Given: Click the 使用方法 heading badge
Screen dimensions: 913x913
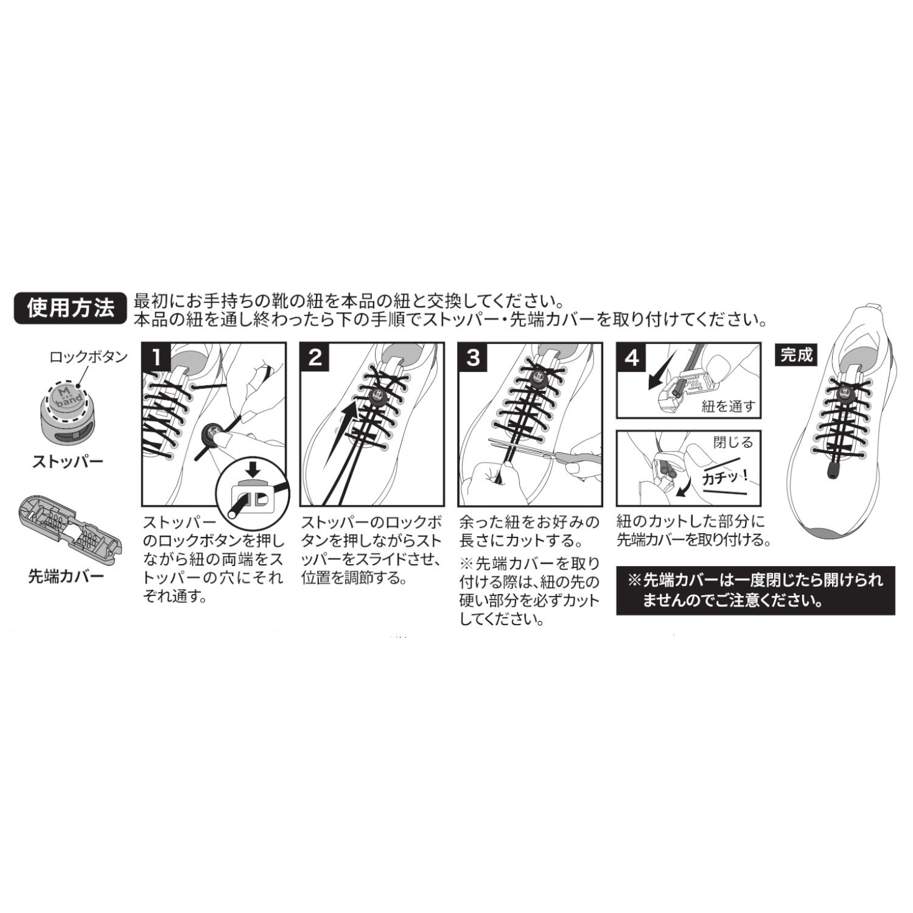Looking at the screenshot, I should pos(70,309).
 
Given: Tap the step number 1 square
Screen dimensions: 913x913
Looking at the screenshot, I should pos(156,357).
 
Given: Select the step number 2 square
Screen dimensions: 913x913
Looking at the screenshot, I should pos(315,357).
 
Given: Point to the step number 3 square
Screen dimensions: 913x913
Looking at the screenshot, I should pos(474,357).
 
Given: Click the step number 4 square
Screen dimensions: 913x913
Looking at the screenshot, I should pos(632,357).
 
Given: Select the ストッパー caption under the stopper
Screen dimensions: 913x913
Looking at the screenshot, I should pos(68,461).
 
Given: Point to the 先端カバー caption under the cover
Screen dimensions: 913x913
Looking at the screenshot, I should pos(66,576).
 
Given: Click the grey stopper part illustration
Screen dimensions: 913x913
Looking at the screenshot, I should pos(66,411).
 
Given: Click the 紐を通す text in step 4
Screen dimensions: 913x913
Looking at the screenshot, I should pos(728,406).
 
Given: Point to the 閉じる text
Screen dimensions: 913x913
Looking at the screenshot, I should pos(733,443).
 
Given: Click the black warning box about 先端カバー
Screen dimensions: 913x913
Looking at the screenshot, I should pos(755,590).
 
